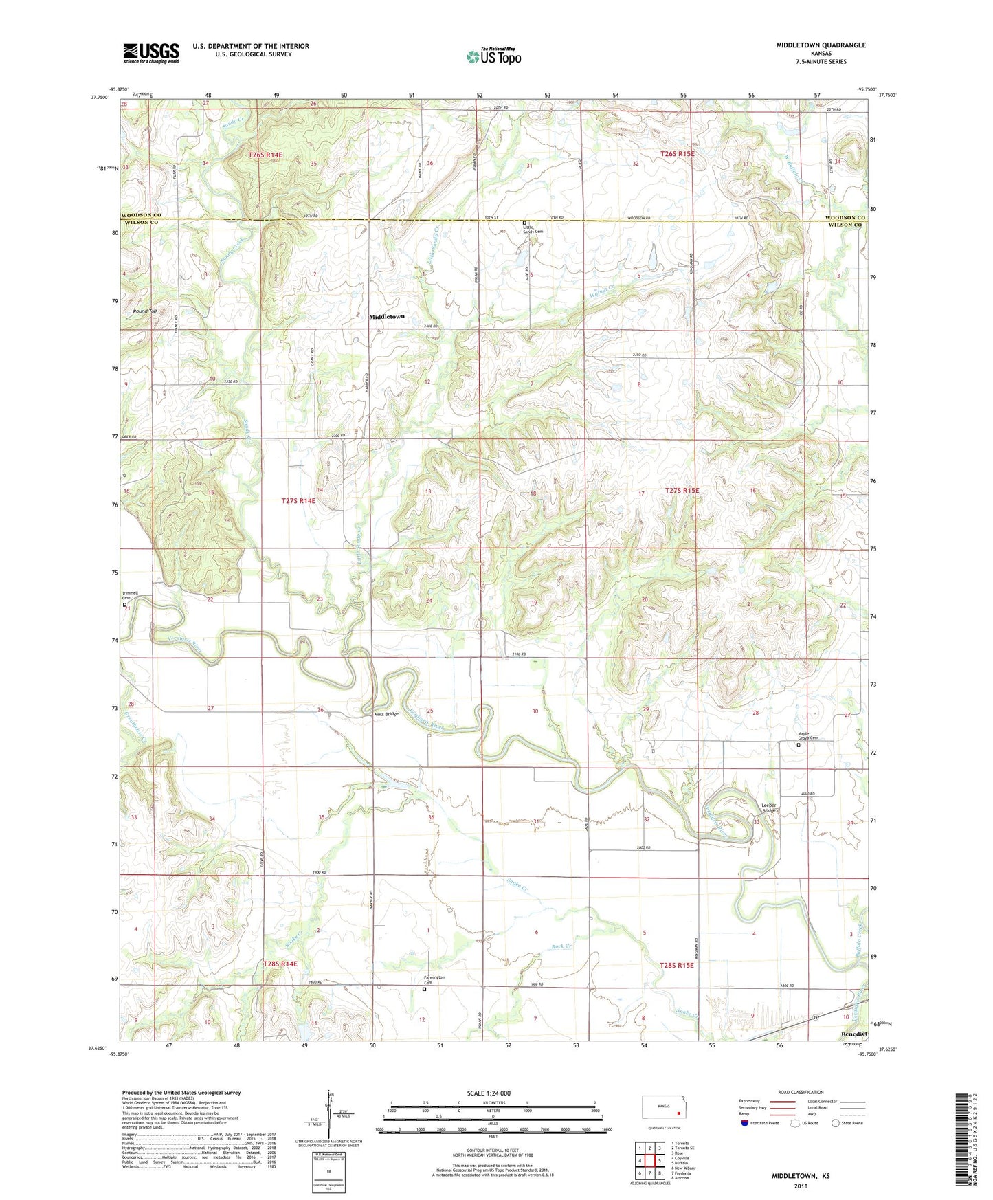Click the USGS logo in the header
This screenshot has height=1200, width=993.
150,53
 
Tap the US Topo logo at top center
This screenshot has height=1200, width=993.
493,56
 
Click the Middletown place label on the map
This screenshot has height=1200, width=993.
387,317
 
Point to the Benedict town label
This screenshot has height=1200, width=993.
853,1034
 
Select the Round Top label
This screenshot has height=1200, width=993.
144,311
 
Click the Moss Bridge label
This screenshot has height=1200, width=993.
386,714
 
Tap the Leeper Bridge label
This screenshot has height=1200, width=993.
769,808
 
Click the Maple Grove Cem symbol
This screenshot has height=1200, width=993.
799,745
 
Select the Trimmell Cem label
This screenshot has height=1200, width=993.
130,595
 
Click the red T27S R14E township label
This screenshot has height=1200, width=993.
298,501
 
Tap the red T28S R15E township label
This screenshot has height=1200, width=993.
676,965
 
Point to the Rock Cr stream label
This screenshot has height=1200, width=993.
561,946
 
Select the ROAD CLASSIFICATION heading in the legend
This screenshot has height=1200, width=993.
801,1092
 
